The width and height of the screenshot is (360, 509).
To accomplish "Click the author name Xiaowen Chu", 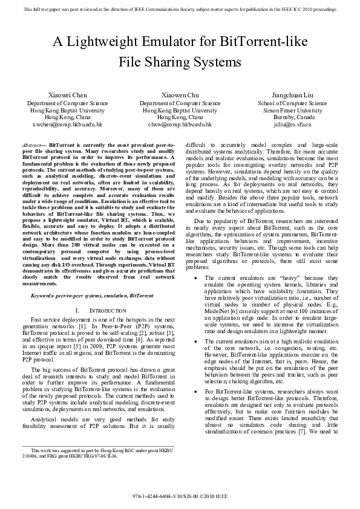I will [x=180, y=96].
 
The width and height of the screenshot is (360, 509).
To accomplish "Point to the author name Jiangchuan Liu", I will [x=292, y=96].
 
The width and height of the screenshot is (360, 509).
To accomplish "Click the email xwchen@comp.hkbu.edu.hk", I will [x=67, y=124].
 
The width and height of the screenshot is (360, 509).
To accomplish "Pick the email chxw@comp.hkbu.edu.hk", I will [x=180, y=124].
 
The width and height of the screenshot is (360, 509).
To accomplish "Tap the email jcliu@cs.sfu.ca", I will [x=292, y=124].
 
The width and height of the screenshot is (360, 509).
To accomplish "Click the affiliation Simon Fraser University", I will [x=292, y=111].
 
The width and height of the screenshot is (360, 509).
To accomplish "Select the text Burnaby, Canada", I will [x=292, y=117].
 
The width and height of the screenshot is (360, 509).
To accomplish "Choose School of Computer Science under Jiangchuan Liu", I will [x=292, y=104].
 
